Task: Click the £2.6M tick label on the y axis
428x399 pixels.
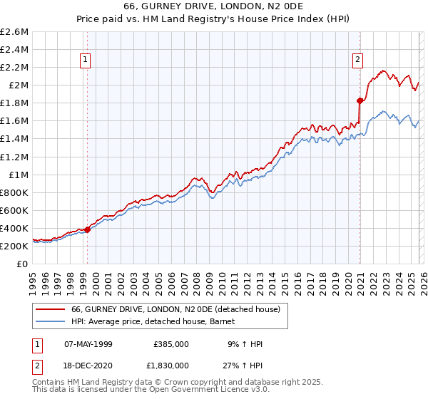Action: pos(14,32)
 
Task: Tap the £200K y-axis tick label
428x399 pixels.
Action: pos(14,246)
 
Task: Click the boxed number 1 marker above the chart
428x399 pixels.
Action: pos(86,61)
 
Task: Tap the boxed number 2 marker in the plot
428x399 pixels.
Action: pos(357,61)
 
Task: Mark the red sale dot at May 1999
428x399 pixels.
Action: pos(87,229)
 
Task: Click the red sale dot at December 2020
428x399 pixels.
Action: pos(360,100)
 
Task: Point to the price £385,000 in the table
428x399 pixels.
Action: pos(171,344)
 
